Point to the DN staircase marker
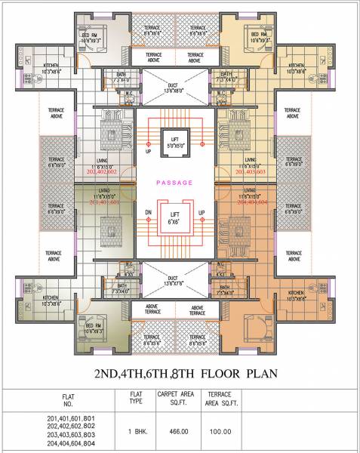[149, 213]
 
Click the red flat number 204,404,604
[256, 203]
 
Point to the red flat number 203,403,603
[256, 172]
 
